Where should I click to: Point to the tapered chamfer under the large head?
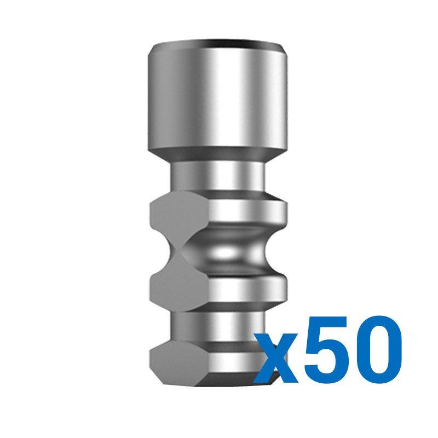pos(217,155)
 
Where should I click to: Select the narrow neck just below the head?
pos(217,176)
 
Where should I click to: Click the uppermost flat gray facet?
pos(179,215)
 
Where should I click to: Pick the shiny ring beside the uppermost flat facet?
pos(248,213)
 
